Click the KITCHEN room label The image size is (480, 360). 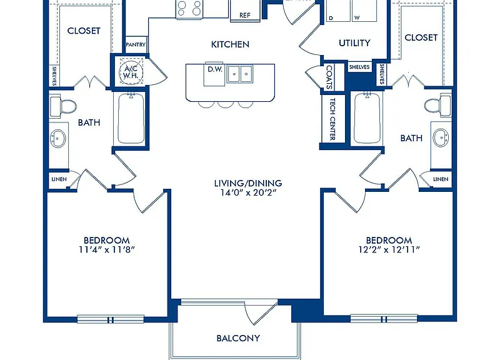tap(230, 44)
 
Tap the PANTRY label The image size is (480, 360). tap(136, 45)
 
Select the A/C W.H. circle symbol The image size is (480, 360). tap(131, 72)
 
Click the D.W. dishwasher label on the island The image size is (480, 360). tap(215, 69)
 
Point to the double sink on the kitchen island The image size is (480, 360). tap(240, 74)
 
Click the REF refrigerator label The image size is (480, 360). tap(245, 15)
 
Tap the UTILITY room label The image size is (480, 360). tap(354, 43)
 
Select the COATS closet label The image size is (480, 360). tap(329, 77)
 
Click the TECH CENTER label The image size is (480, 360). tap(332, 119)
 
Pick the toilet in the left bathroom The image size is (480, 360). tap(62, 107)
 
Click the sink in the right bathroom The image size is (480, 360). tap(441, 137)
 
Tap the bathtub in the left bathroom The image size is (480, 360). tap(131, 118)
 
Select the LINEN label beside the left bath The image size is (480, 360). tap(59, 179)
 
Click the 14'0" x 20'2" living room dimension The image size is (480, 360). tap(249, 192)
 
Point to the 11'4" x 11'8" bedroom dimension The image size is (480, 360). tap(107, 250)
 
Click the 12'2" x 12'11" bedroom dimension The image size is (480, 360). tap(389, 250)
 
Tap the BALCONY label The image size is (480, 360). tap(238, 338)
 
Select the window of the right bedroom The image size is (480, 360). tap(384, 319)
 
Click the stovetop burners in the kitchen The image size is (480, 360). tap(189, 8)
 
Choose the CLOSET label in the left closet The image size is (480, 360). tap(84, 31)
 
